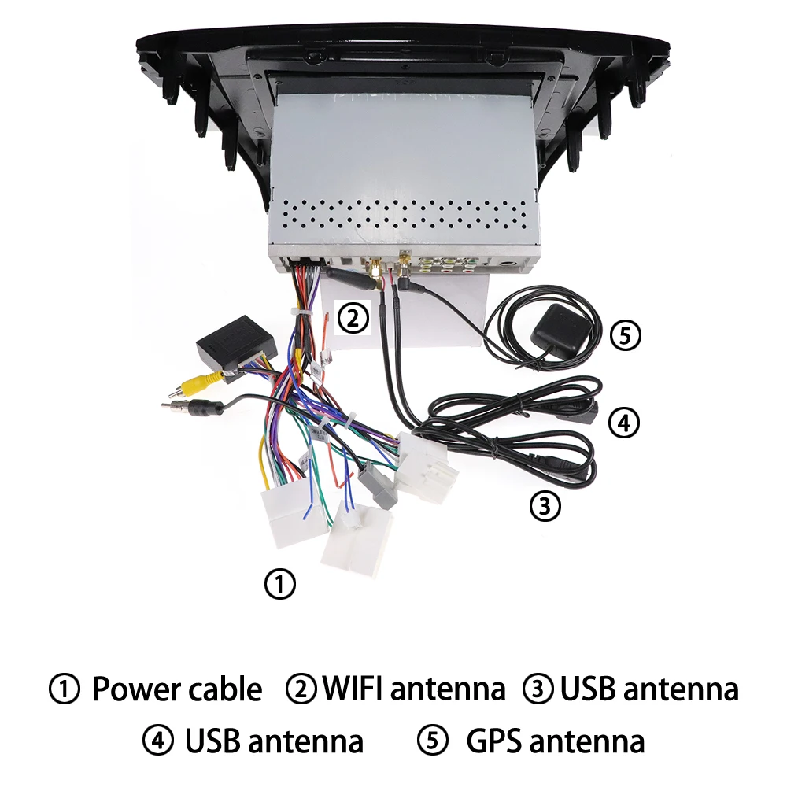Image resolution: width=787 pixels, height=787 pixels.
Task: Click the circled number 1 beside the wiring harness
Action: [280, 584]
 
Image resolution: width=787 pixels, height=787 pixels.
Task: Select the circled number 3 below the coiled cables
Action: [545, 504]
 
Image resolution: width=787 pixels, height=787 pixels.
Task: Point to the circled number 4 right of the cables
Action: [623, 423]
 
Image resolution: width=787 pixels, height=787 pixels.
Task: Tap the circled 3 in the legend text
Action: [538, 689]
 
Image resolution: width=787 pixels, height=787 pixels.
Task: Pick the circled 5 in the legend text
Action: [431, 741]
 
